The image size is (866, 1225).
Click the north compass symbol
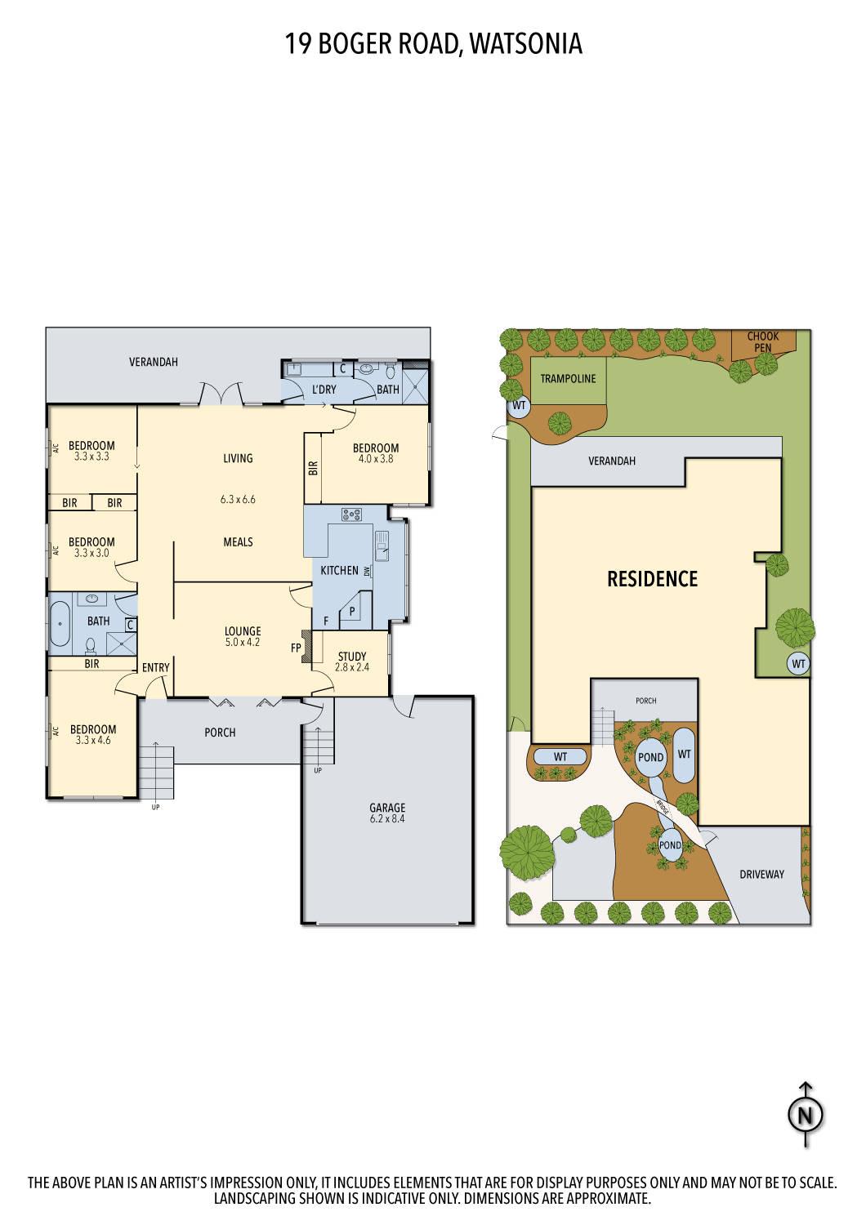point(806,1115)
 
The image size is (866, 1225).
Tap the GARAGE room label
point(387,808)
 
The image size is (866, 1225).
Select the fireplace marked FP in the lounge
point(306,646)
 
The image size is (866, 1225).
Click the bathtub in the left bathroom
point(60,624)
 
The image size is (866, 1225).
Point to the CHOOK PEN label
point(763,341)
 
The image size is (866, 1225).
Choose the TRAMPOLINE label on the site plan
point(568,379)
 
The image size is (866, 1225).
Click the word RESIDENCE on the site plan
point(652,579)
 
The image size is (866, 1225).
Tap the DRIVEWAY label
point(761,874)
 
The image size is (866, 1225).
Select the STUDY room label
point(352,656)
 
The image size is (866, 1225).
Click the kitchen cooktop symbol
point(352,514)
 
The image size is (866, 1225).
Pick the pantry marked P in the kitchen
point(352,610)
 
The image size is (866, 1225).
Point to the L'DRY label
point(324,390)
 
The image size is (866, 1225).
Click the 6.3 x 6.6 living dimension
point(238,499)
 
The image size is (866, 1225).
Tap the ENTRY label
point(155,667)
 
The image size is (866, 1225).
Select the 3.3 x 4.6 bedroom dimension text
point(93,741)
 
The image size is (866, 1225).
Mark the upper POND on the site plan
point(650,757)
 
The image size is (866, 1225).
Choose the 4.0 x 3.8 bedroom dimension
point(376,459)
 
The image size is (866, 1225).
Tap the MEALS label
point(238,541)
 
